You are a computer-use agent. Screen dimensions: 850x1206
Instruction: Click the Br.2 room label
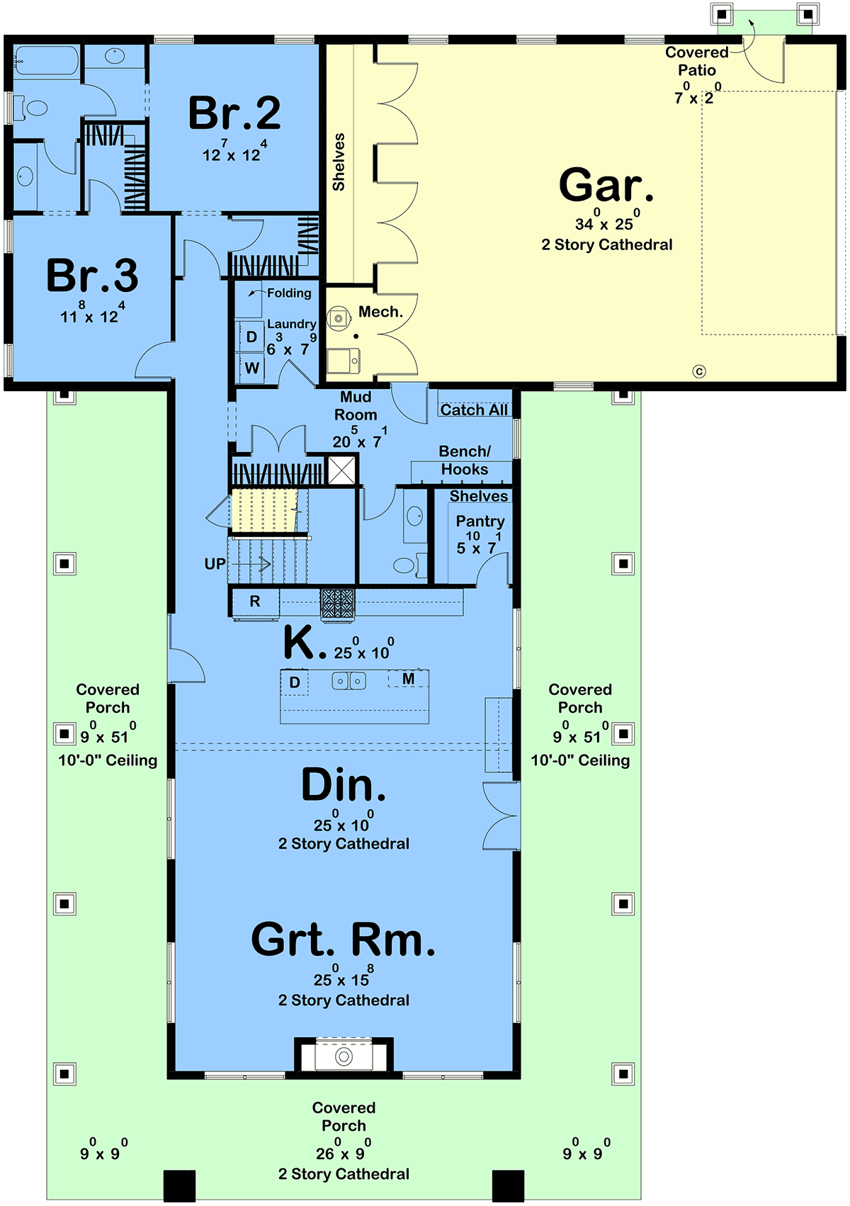234,113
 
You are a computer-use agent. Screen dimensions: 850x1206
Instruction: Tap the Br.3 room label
93,275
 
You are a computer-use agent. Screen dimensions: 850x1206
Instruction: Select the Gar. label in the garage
606,185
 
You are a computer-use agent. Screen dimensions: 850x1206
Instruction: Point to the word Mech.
380,312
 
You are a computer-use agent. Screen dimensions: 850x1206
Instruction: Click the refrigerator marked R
255,602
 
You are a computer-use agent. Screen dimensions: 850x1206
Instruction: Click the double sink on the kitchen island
348,681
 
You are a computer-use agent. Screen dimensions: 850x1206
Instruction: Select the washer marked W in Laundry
252,368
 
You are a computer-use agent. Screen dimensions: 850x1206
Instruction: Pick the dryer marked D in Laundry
251,337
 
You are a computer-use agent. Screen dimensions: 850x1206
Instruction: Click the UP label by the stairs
215,564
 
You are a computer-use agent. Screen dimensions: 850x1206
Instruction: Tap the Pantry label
480,522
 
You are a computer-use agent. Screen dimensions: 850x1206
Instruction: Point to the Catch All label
474,410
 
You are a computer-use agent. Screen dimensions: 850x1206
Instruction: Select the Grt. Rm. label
343,940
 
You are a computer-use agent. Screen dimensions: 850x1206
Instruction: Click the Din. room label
344,785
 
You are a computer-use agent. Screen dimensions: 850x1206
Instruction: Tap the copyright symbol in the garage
699,371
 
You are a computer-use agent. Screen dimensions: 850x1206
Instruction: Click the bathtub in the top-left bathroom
46,60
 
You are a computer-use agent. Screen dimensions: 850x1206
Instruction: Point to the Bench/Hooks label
465,461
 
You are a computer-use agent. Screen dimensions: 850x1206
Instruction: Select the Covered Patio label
696,61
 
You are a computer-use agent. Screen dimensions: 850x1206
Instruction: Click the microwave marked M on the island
409,679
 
